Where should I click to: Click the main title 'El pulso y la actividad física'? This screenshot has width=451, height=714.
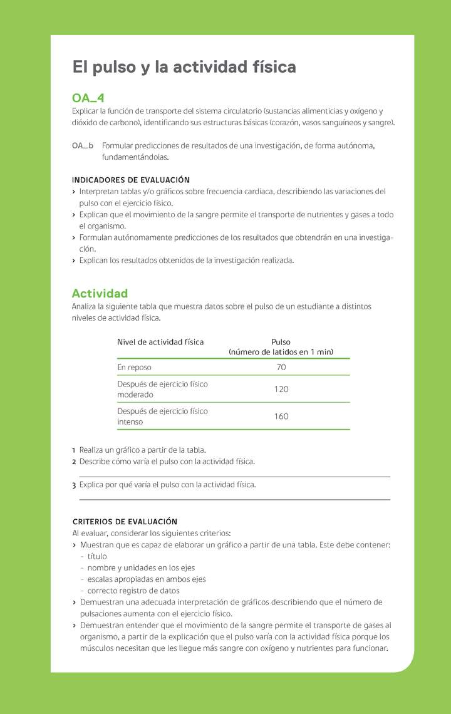tap(184, 67)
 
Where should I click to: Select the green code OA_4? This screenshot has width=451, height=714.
tap(88, 98)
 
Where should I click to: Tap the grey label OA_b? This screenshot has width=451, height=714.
tap(83, 146)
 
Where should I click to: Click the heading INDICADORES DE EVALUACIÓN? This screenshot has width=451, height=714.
tap(131, 180)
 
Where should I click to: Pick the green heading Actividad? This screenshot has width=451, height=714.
tap(100, 293)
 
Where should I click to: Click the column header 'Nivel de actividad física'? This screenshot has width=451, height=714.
tap(160, 342)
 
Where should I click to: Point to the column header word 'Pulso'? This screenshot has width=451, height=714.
tap(281, 342)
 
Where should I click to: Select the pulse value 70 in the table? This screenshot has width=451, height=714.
tap(281, 367)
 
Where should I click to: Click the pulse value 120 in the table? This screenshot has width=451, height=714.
tap(281, 390)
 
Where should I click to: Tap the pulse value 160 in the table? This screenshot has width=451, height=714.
tap(281, 416)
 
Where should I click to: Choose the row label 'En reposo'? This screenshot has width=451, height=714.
tap(134, 367)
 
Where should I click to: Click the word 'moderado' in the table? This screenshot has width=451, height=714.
tap(135, 395)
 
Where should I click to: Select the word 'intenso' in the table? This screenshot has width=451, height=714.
tap(130, 422)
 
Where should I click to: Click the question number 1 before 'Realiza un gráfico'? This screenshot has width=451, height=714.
tap(73, 450)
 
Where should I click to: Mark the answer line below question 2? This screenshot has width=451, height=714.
tap(234, 477)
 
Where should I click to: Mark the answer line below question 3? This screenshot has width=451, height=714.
tap(234, 499)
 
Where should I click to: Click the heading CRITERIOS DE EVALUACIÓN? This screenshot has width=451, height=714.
tap(125, 522)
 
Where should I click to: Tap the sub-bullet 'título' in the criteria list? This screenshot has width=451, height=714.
tap(97, 556)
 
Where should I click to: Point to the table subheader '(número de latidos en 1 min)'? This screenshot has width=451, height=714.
tap(281, 353)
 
